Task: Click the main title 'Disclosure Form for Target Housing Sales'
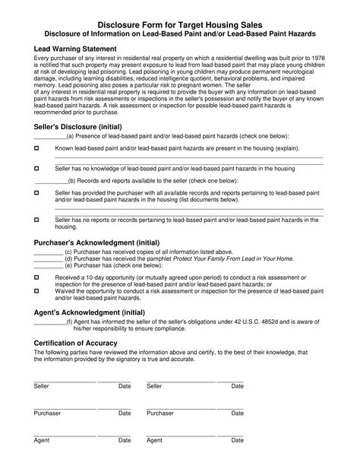click(x=179, y=25)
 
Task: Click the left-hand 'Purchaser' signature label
click(x=48, y=413)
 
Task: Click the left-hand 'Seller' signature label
click(x=42, y=386)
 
